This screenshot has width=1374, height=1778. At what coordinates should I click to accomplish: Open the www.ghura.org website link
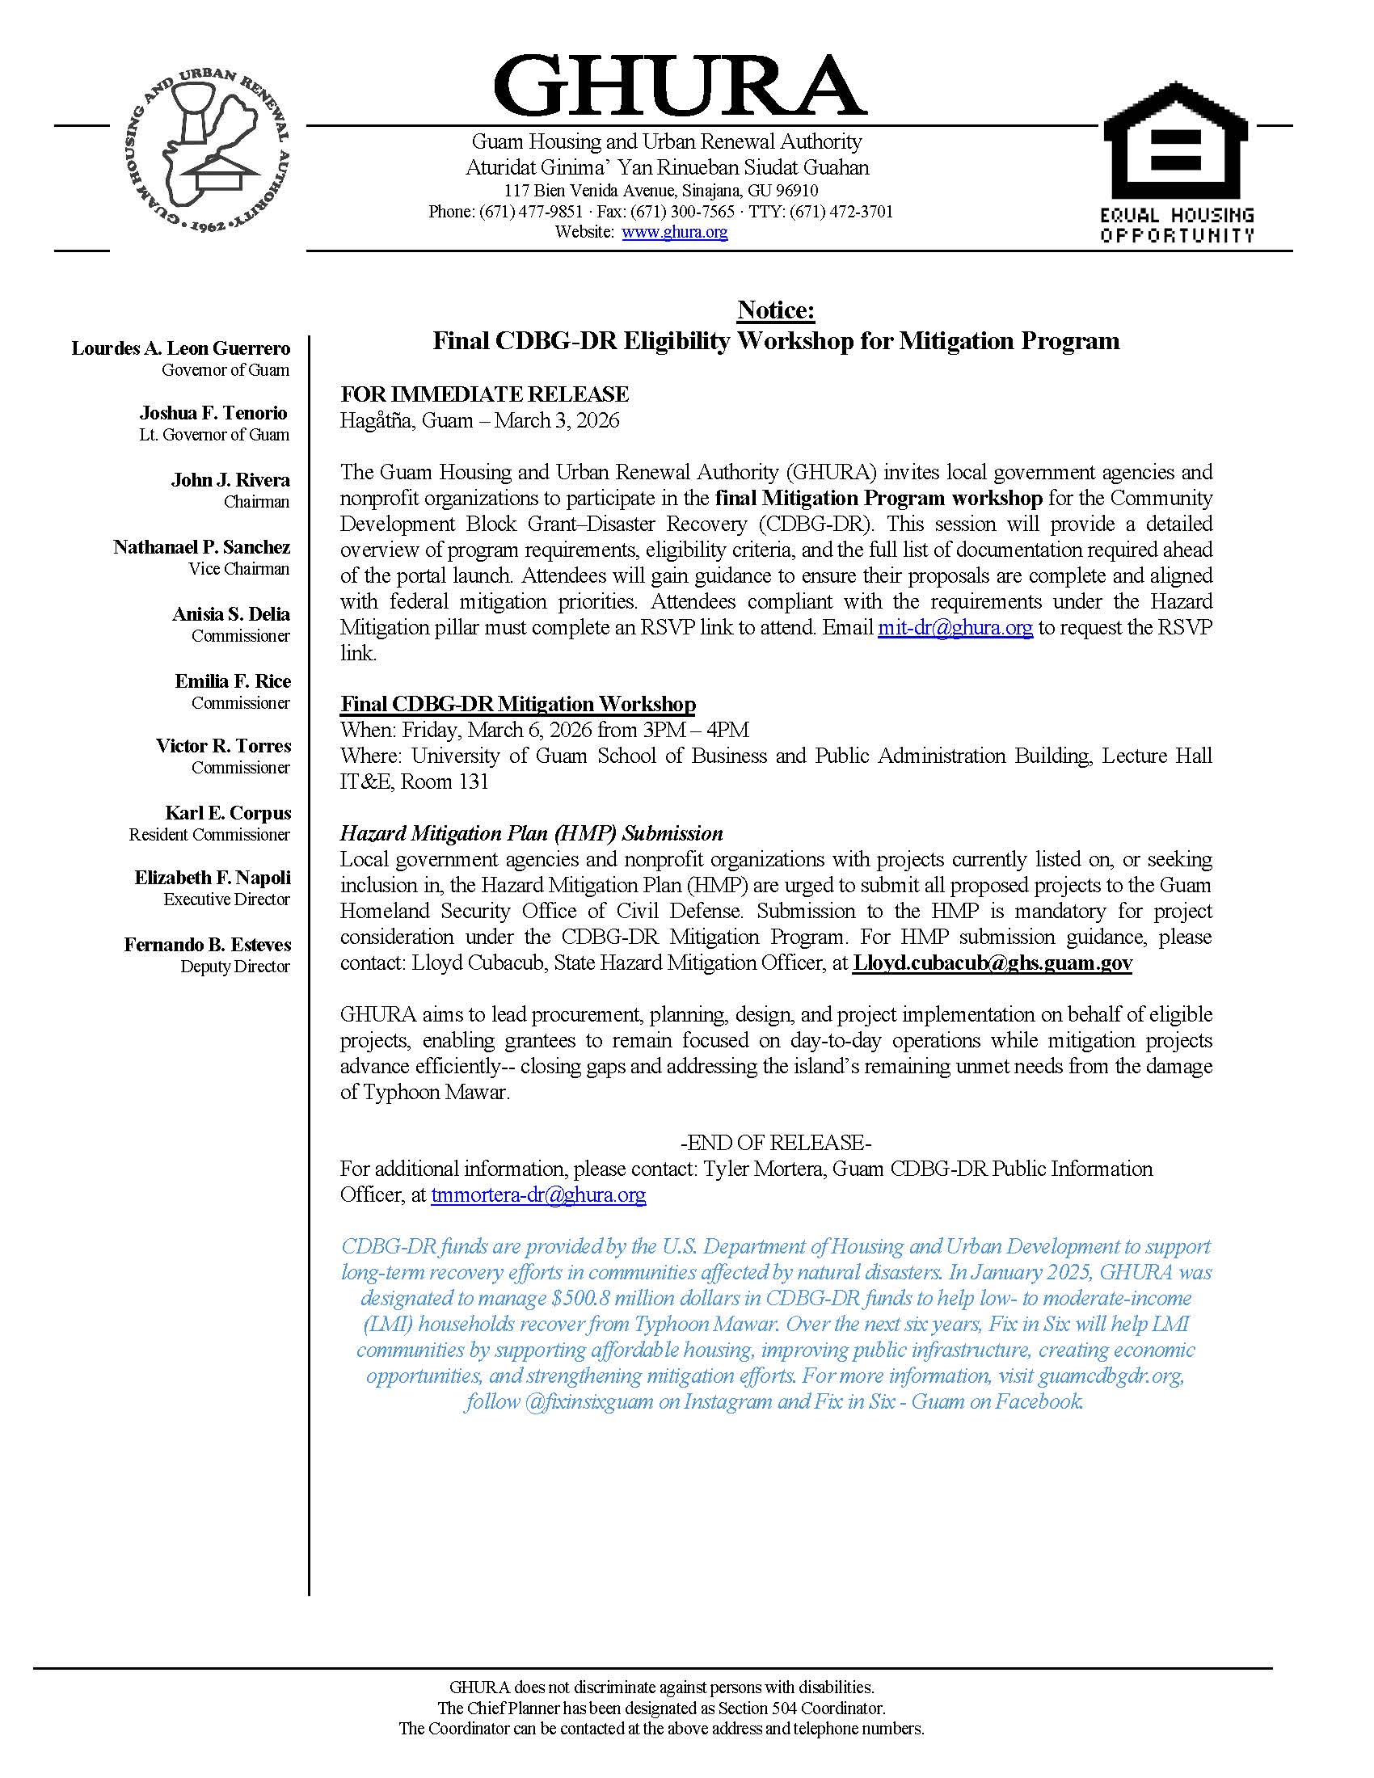[674, 232]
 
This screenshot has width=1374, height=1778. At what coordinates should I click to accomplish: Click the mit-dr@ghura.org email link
[955, 628]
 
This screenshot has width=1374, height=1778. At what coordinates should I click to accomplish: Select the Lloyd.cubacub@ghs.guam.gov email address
[993, 963]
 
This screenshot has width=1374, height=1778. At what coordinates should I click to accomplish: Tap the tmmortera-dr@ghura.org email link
[538, 1195]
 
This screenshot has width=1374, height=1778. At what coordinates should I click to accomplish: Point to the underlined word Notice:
[776, 310]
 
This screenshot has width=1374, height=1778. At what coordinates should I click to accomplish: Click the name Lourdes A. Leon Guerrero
[181, 348]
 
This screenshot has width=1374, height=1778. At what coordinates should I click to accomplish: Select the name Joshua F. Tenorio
[213, 413]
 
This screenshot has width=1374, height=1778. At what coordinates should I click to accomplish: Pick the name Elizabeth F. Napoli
[213, 878]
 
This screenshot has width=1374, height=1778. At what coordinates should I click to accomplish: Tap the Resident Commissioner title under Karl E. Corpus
[209, 835]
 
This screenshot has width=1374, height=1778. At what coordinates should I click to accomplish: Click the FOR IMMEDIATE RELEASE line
[484, 395]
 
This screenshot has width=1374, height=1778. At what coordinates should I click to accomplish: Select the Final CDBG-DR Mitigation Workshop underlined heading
[518, 704]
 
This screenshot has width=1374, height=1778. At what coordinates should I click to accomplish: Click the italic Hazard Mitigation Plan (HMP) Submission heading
[532, 834]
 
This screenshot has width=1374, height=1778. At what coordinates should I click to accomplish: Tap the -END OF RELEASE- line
[776, 1143]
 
